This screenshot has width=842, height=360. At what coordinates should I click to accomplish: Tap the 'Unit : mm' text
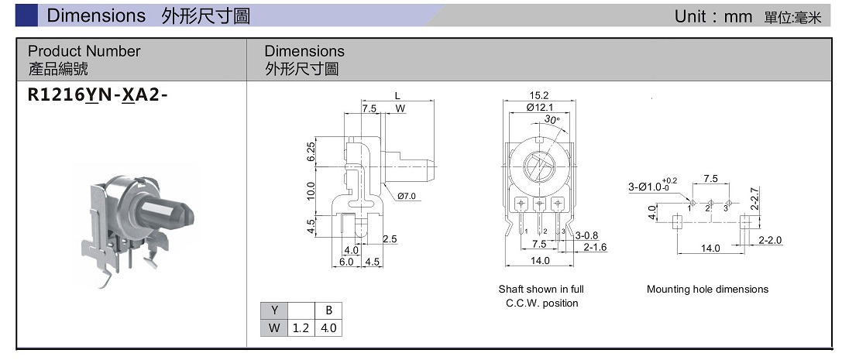[713, 16]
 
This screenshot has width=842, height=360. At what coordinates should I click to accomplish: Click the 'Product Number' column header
[84, 51]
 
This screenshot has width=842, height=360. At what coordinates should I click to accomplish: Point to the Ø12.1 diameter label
[539, 108]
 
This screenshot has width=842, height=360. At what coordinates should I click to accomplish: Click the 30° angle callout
[551, 120]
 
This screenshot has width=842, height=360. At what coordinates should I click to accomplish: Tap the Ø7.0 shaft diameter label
[407, 197]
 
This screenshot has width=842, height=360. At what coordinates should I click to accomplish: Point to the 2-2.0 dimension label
[771, 240]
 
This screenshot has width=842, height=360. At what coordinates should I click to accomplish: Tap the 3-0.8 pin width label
[586, 235]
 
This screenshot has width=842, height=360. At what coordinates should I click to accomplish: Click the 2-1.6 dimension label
[595, 247]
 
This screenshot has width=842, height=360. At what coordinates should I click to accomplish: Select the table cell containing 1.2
[301, 327]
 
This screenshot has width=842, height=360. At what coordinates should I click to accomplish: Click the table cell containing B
[328, 310]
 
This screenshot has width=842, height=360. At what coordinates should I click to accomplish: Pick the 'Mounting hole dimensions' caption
[707, 290]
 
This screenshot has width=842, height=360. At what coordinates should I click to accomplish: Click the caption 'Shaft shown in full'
[541, 290]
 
